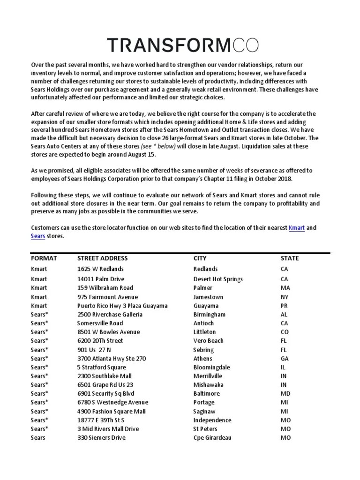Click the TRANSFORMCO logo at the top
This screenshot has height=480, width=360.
[x=183, y=45]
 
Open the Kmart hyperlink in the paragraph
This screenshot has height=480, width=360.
[x=297, y=228]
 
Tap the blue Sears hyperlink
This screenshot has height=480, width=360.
[x=38, y=237]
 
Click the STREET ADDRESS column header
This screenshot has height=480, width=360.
[x=102, y=258]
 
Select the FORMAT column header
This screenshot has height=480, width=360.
[x=44, y=258]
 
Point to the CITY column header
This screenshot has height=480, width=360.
[x=200, y=258]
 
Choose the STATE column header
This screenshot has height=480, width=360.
[x=290, y=258]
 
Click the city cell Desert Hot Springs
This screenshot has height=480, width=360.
[x=218, y=279]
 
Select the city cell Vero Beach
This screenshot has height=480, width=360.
[x=208, y=341]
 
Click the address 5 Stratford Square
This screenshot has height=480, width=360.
[x=102, y=367]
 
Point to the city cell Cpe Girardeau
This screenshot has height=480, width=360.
[x=212, y=438]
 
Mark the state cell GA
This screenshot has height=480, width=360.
[x=285, y=359]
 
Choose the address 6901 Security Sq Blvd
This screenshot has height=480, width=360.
[x=106, y=394]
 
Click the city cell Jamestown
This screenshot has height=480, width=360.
[x=208, y=297]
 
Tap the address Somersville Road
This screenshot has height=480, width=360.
[x=100, y=323]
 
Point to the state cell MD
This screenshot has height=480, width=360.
[x=285, y=394]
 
